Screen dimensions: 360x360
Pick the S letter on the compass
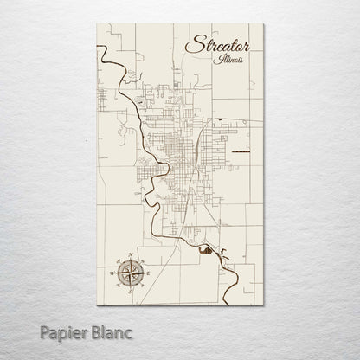(128, 291)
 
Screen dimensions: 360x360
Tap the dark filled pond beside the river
(204, 252)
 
